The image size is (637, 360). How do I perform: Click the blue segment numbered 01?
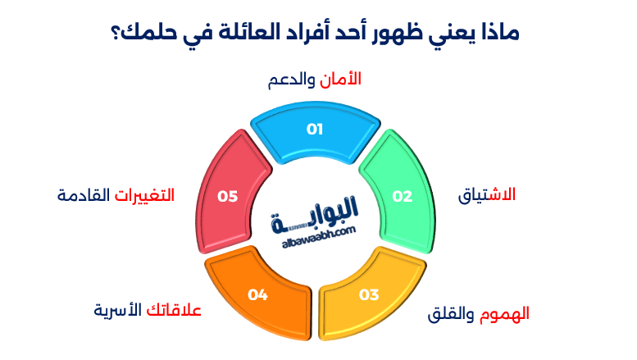tap(316, 130)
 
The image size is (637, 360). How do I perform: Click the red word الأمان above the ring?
tap(340, 80)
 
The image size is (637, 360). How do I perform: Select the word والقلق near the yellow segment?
tap(452, 314)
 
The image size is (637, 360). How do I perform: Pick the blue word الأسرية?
tap(118, 310)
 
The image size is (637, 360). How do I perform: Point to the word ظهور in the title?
tap(398, 34)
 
